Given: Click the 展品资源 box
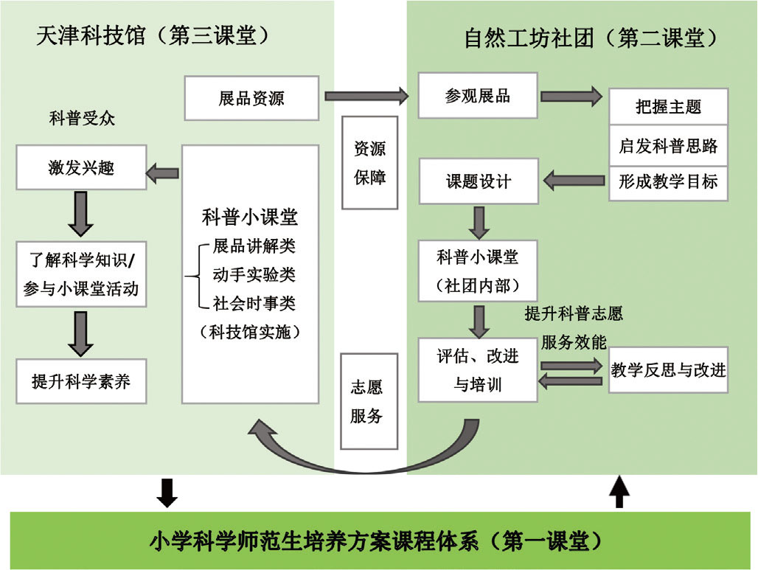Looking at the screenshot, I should coord(251,99).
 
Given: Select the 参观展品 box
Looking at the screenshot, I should coord(478,96).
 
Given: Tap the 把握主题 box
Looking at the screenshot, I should coord(668,107).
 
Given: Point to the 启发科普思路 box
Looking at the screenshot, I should coord(668,145).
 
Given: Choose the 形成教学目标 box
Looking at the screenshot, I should coord(668,181).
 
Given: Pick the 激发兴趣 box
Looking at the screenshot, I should coord(81,168).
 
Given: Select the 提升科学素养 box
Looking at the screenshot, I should coord(81,381).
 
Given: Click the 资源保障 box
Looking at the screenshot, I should coord(370,163).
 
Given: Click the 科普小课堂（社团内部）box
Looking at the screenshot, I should coord(478,271).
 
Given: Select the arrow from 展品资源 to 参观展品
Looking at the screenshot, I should coord(366,95).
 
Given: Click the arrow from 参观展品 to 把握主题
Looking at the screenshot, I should coord(571,96).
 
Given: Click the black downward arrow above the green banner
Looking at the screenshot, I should coord(167,493).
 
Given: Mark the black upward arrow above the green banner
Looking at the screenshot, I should coord(619,492).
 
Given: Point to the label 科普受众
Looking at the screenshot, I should coord(82,118).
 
